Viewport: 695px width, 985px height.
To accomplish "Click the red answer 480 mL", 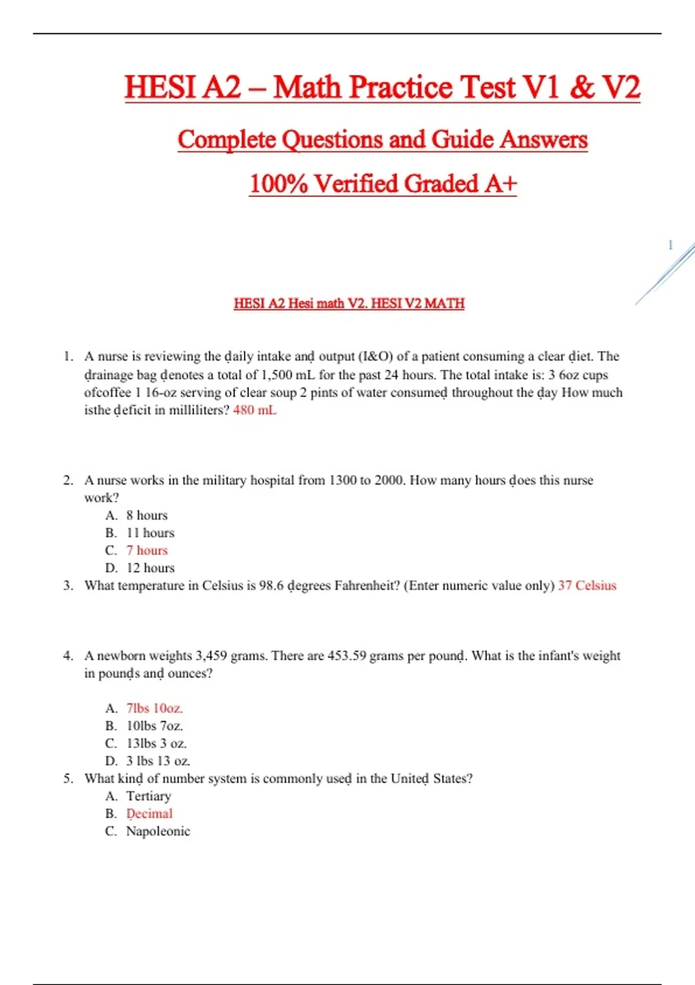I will (254, 410).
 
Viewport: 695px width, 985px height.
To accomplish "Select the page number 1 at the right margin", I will (670, 245).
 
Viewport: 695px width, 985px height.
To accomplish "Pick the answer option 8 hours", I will (147, 516).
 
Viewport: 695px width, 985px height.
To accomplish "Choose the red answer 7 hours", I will (147, 550).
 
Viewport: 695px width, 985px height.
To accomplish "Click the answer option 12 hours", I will (150, 568).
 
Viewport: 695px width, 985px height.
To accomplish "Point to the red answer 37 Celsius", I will (587, 586).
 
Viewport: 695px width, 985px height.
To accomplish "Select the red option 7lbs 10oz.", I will (154, 709).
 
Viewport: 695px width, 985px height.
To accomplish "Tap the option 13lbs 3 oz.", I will (156, 744).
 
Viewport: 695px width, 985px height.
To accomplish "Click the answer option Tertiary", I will (148, 796).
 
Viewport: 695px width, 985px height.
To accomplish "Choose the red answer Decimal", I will (149, 814).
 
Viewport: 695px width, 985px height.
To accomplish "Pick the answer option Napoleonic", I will (158, 831).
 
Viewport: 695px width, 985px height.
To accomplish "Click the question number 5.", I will (68, 779).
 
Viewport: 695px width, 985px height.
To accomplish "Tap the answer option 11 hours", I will (150, 533).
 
